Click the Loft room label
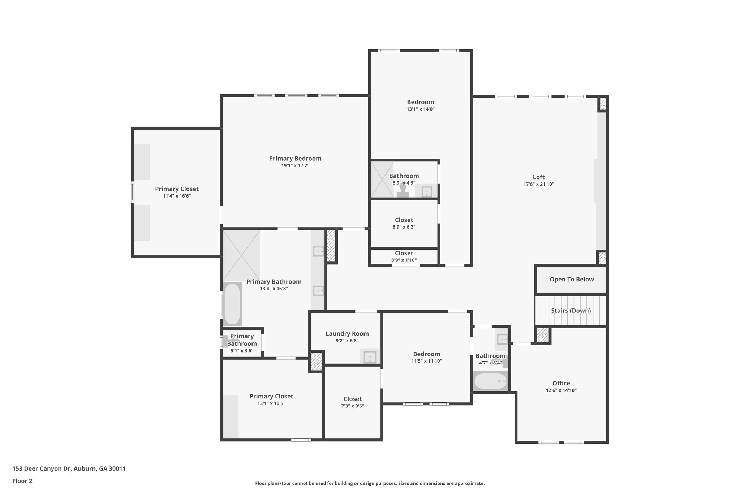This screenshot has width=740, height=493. (538, 177)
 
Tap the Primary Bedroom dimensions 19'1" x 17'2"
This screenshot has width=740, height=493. (295, 166)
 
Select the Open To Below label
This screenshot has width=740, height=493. (572, 279)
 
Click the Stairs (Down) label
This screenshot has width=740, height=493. (571, 311)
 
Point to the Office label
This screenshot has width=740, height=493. (561, 383)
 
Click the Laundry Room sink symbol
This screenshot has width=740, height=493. (370, 357)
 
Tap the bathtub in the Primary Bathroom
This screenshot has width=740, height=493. (232, 304)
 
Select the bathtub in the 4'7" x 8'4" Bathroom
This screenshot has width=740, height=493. (490, 381)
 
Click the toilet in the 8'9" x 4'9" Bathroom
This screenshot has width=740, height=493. (403, 190)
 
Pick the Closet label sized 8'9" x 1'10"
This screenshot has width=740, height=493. (404, 253)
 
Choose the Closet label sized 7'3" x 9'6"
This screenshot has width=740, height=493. (352, 399)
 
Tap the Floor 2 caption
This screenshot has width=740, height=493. (22, 481)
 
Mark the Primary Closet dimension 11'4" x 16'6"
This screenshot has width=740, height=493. (177, 196)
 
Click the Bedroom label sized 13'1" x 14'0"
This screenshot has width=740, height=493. (420, 102)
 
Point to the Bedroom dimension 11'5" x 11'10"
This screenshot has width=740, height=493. (426, 361)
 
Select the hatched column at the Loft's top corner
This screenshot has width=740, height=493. (603, 104)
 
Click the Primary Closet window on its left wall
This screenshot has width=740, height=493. (132, 192)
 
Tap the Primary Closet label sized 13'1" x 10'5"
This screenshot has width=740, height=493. (271, 396)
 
